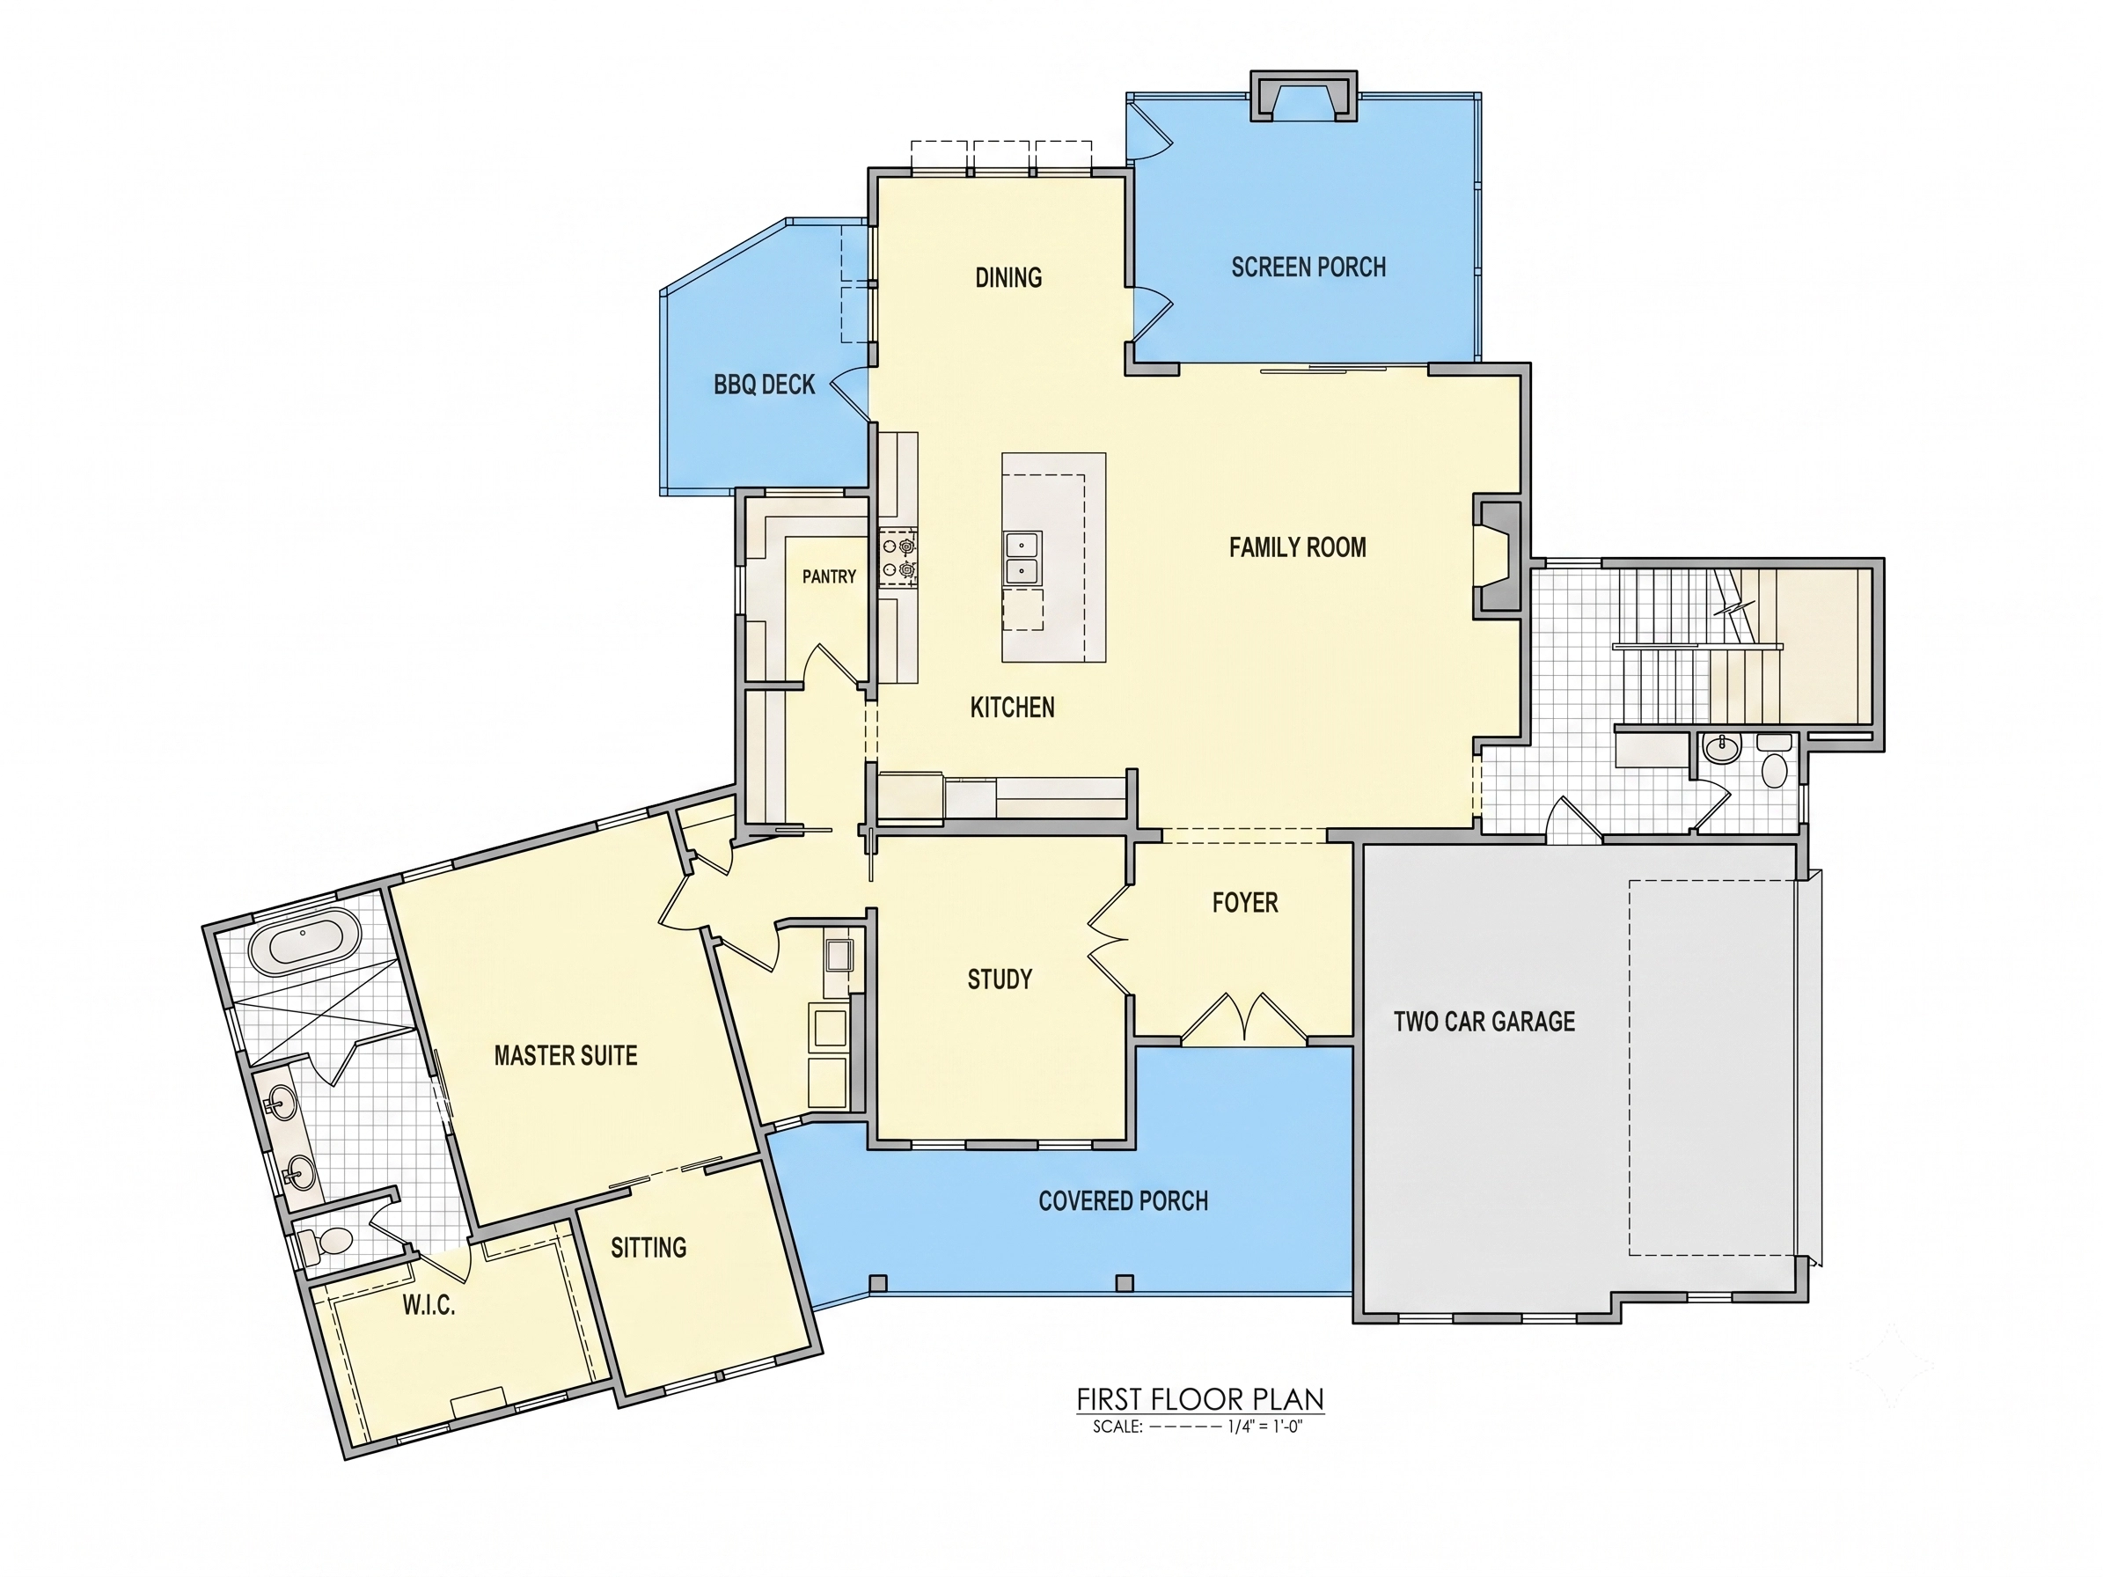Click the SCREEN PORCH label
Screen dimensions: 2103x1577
click(1308, 268)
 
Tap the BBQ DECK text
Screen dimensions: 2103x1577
click(765, 384)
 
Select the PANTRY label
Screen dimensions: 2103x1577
click(829, 576)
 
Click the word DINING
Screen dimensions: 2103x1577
click(1008, 277)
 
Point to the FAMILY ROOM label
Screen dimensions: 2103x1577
click(1298, 546)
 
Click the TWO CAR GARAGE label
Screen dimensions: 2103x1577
click(1484, 1021)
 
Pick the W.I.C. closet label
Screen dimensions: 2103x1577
click(429, 1305)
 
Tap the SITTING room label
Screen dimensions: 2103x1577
click(648, 1247)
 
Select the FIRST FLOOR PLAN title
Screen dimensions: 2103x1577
click(1200, 1399)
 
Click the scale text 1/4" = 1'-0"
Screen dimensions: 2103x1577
click(1264, 1427)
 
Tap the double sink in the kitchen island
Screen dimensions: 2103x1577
click(1024, 558)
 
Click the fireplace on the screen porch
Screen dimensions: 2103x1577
click(1303, 96)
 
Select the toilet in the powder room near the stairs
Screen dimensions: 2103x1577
click(1774, 763)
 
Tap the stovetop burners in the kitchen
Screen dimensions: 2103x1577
click(898, 558)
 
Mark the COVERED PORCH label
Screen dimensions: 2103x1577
click(1123, 1200)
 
